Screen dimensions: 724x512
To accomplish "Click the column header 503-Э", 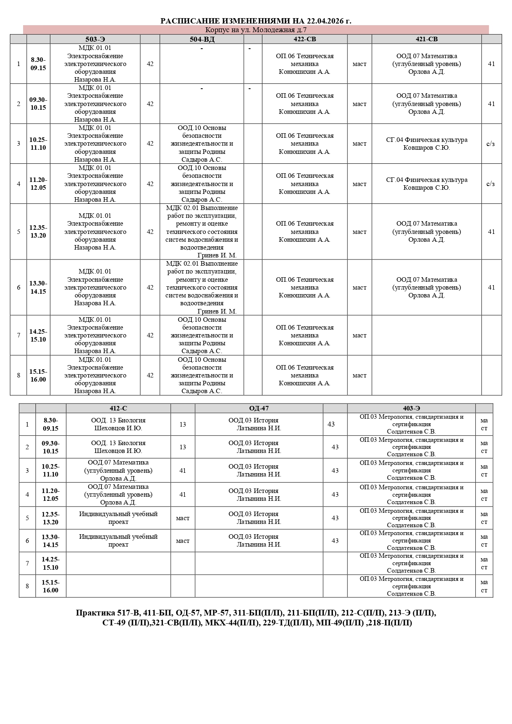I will pos(95,39).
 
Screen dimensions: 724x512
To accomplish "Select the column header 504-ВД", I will pos(202,39).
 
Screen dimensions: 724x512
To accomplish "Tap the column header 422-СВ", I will pos(304,39).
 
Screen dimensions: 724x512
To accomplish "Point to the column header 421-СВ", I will pos(427,39).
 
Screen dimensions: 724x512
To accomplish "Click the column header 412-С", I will pos(118,408).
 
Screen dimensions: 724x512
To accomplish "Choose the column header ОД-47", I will pos(259,408).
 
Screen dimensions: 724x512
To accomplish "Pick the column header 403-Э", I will pos(411,408).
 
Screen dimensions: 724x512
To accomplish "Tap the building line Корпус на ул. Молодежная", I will pos(256,30).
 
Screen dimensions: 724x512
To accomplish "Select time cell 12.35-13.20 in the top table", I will pos(38,231).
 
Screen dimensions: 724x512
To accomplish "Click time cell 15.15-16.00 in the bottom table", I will pos(50,586).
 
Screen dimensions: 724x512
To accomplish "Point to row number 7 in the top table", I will pos(19,335).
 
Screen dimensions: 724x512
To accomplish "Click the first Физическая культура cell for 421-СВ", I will pos(427,144).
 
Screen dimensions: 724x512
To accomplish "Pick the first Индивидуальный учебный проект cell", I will pos(118,518).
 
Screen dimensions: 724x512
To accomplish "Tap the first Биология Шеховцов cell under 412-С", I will pos(118,424).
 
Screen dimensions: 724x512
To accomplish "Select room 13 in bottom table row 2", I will pos(183,447).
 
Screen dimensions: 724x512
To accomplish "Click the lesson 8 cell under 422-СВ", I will pos(304,375).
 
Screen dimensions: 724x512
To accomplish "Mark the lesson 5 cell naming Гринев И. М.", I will pos(202,231).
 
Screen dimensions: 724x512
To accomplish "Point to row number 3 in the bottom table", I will pos(27,470).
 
